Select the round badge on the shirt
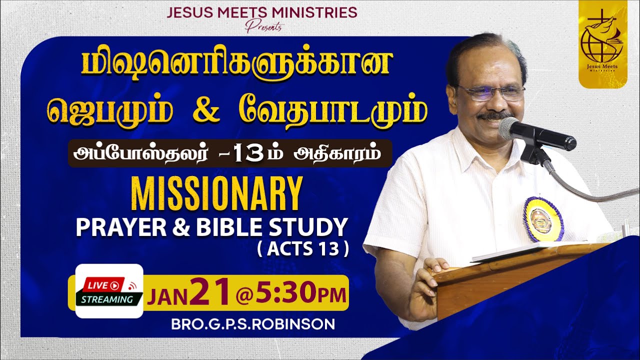point(543,218)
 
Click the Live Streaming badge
point(109,291)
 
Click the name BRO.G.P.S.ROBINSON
point(253,324)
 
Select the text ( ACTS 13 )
point(316,249)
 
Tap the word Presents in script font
point(263,26)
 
